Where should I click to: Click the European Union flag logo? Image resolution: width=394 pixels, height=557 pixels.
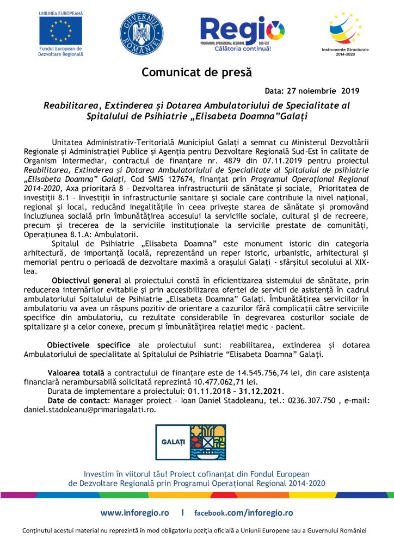[61, 30]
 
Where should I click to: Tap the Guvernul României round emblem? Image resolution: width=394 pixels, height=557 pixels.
[141, 32]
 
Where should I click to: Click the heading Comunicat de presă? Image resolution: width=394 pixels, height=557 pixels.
[197, 72]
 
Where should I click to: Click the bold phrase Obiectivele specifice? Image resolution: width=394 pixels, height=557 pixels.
[89, 345]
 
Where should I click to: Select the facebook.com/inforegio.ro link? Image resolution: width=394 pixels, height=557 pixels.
[244, 512]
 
